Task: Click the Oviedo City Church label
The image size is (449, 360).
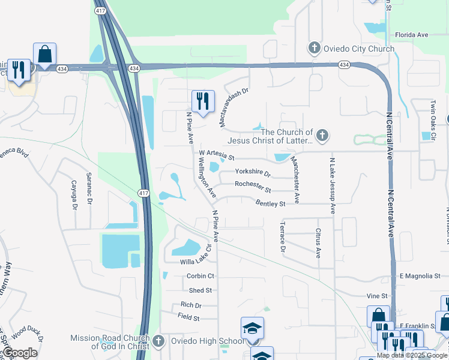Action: [x=359, y=49]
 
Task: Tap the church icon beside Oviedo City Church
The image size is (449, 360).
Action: [x=314, y=48]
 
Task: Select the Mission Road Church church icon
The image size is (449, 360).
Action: [x=158, y=341]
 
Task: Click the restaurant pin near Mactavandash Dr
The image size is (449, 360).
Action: [x=203, y=101]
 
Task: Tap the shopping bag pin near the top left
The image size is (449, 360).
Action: [x=45, y=54]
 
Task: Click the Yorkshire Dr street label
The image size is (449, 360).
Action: [x=253, y=172]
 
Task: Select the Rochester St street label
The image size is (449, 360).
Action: [x=253, y=186]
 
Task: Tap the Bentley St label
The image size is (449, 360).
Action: [x=270, y=203]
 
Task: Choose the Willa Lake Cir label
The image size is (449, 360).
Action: [x=193, y=261]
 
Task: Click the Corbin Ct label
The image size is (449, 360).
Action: [x=200, y=276]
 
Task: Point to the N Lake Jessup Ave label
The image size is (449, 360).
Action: [x=332, y=185]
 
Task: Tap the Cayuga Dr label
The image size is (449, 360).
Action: [x=74, y=195]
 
